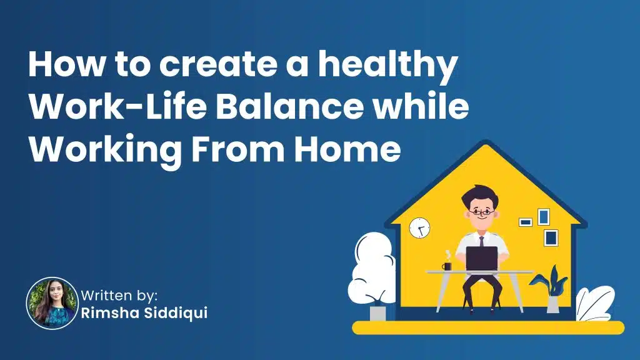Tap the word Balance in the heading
pyautogui.click(x=289, y=106)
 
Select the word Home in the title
pyautogui.click(x=347, y=148)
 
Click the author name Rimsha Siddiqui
pyautogui.click(x=144, y=314)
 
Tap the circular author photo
pyautogui.click(x=52, y=303)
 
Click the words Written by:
pyautogui.click(x=119, y=295)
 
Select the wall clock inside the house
pyautogui.click(x=419, y=227)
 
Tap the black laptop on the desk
pyautogui.click(x=482, y=258)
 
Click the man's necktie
pyautogui.click(x=482, y=241)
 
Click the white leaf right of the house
pyautogui.click(x=595, y=303)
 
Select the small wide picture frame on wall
pyautogui.click(x=525, y=222)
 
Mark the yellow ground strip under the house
pyautogui.click(x=488, y=327)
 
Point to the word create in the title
pyautogui.click(x=217, y=65)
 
